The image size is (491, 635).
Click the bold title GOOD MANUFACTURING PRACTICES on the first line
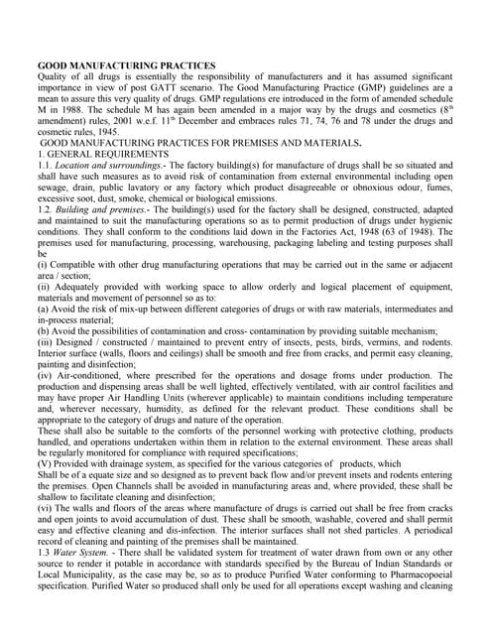click(126, 65)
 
